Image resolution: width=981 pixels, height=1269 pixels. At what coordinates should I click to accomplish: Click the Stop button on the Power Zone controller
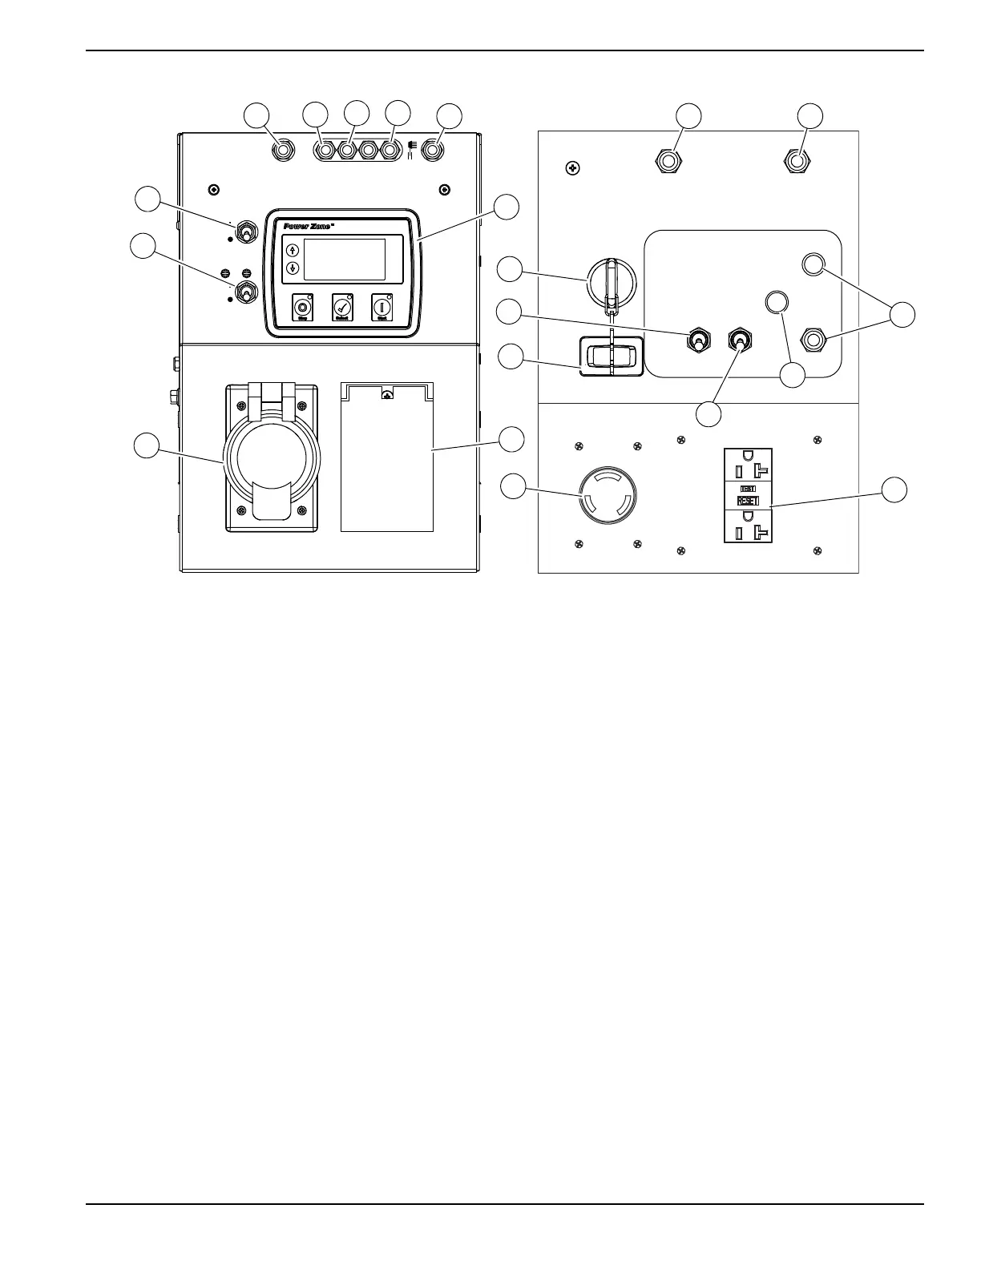[302, 307]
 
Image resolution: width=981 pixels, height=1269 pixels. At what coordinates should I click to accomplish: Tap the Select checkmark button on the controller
[342, 307]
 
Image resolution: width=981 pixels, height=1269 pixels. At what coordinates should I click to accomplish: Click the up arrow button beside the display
[293, 250]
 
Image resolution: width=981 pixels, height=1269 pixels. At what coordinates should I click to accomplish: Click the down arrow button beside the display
[293, 268]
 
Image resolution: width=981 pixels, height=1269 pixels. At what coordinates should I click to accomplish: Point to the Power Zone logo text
[308, 226]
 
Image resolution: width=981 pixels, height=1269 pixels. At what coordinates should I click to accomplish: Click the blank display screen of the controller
[345, 258]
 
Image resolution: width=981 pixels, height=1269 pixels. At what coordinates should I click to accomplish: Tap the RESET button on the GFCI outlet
[748, 500]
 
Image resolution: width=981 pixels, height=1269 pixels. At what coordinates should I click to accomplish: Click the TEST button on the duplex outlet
[748, 488]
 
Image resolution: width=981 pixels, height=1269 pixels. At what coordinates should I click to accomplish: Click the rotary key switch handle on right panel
[611, 284]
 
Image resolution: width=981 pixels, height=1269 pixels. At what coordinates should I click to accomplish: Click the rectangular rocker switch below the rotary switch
[612, 356]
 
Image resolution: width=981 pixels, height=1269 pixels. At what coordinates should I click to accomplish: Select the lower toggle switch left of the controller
[248, 292]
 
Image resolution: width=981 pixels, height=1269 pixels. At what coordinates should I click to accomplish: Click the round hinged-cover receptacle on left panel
[272, 458]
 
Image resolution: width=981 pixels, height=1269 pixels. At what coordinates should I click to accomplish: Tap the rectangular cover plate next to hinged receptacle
[387, 457]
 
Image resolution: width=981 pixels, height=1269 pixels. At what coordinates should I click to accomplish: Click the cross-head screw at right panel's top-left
[572, 169]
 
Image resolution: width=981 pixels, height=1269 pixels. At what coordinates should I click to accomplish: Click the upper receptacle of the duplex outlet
[748, 462]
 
